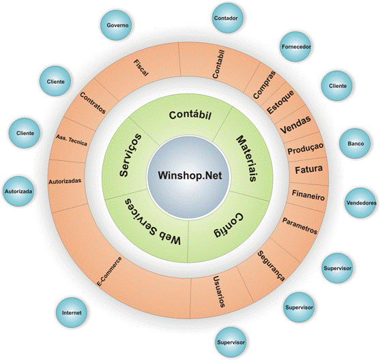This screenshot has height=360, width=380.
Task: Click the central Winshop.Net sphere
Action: [x=188, y=177]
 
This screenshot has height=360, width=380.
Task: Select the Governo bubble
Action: [x=117, y=25]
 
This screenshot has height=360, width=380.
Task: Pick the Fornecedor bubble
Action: [x=296, y=46]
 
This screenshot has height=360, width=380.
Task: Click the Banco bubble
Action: [x=355, y=144]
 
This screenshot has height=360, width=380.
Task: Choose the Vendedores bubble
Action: [x=361, y=203]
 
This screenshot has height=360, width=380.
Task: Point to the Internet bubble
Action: [x=72, y=312]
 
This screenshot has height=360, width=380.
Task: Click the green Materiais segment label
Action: [x=246, y=159]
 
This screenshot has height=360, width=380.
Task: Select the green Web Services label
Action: [x=153, y=222]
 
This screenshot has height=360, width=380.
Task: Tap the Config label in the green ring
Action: [x=228, y=225]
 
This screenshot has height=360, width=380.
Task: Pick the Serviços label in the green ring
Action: [x=130, y=155]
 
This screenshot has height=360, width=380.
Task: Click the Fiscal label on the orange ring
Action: [x=141, y=68]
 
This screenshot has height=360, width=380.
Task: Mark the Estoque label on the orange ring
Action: [x=280, y=102]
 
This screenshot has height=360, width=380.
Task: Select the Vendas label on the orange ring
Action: [x=295, y=125]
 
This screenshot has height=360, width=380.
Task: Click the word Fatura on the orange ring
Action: [x=308, y=169]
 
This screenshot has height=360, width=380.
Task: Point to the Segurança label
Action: [x=271, y=266]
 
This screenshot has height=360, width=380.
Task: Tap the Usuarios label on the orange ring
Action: [x=219, y=292]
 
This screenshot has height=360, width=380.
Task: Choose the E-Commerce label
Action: [x=109, y=271]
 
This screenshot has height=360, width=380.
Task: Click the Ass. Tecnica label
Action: [x=72, y=140]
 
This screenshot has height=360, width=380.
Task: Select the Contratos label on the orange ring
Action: [x=93, y=103]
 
